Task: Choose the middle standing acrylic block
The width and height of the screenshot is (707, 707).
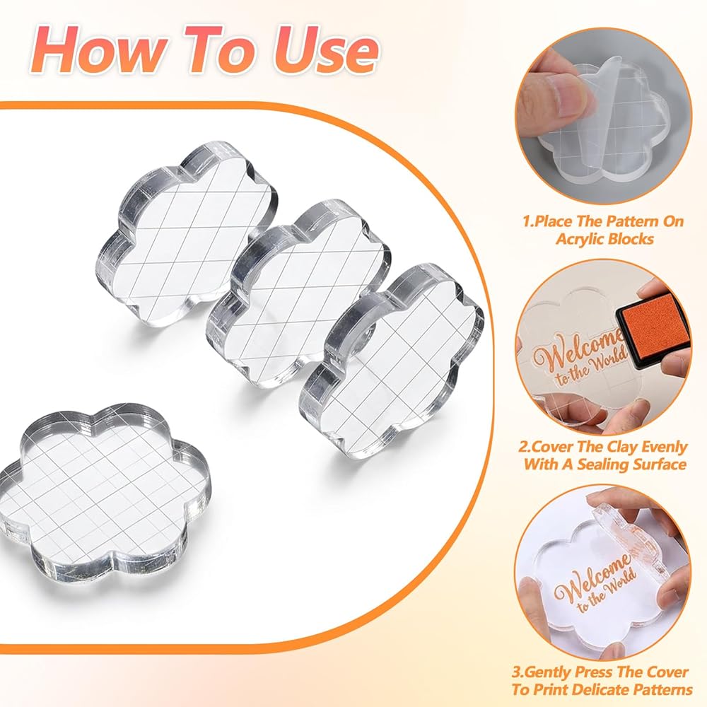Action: click(x=298, y=293)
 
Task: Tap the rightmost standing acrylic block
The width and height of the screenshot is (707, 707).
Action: click(x=392, y=361)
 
